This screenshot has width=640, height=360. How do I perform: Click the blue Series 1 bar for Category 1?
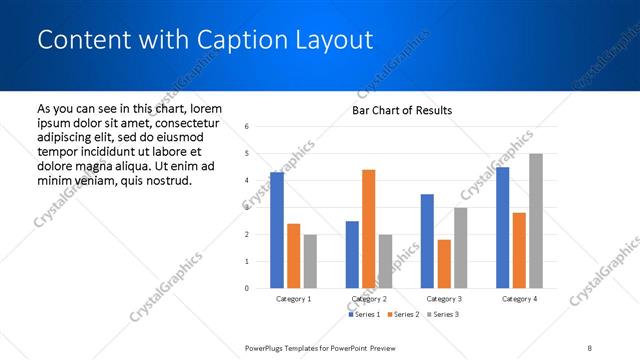click(277, 230)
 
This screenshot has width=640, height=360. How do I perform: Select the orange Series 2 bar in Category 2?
click(368, 229)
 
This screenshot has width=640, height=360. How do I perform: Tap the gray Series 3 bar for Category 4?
click(536, 221)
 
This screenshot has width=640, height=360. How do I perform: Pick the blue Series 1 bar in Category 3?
click(427, 241)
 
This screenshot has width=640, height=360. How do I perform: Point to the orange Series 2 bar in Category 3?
click(444, 264)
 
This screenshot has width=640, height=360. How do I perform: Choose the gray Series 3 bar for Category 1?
click(310, 261)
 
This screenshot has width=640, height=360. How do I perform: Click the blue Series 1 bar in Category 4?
click(502, 228)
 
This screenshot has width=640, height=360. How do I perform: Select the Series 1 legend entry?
click(364, 315)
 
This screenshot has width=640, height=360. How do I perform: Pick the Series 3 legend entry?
click(441, 315)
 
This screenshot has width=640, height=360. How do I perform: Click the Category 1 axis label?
click(293, 299)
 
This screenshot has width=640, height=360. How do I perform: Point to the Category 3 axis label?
click(443, 299)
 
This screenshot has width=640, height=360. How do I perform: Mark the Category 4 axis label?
click(519, 299)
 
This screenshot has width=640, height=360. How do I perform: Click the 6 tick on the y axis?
click(247, 127)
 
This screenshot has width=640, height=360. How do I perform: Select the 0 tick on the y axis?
click(247, 289)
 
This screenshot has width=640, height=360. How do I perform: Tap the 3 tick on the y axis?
click(247, 208)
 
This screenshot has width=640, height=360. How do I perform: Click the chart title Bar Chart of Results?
click(402, 110)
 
